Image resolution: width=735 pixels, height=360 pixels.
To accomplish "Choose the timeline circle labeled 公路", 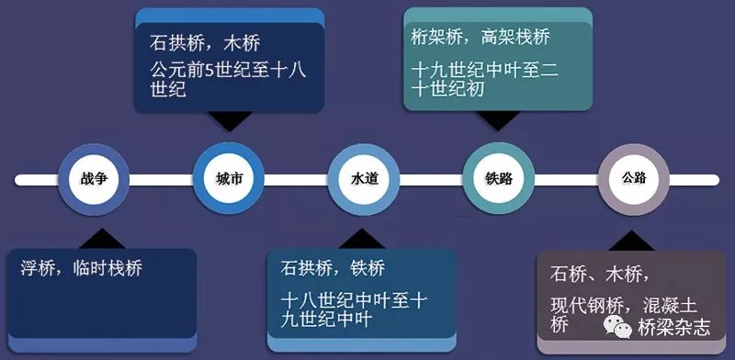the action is click(633, 178).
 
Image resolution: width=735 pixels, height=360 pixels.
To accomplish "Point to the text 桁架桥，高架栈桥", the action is click(481, 38).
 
